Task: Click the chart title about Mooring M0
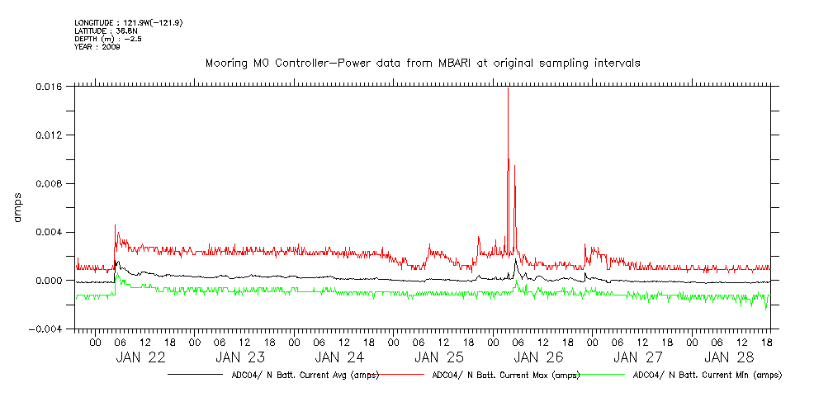click(x=422, y=63)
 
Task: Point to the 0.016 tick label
click(x=50, y=86)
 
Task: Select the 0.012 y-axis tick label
click(x=50, y=135)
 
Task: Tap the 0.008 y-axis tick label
click(x=50, y=183)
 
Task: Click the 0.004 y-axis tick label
click(x=50, y=232)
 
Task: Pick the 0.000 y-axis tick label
click(x=50, y=281)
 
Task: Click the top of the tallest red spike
click(x=508, y=88)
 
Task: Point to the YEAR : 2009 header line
click(x=97, y=47)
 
